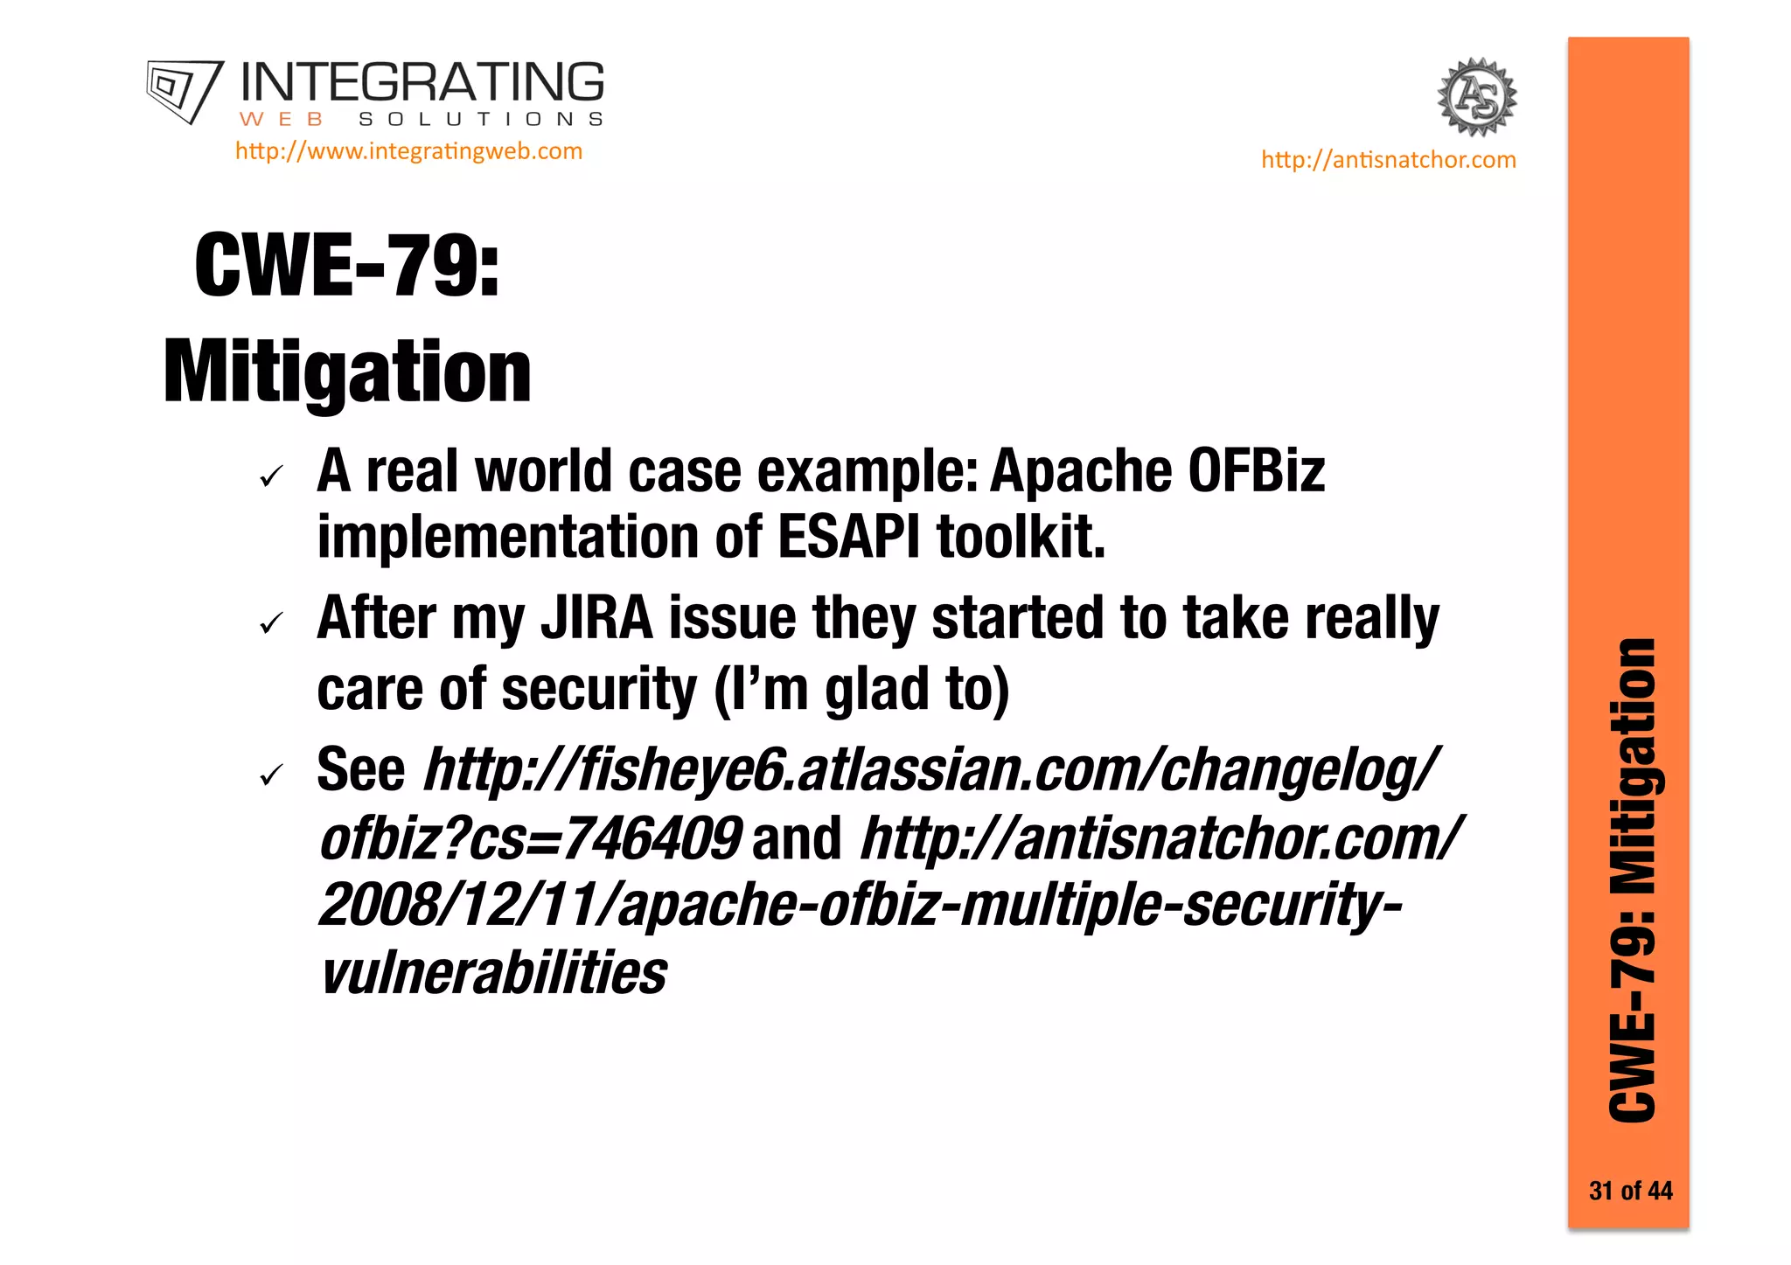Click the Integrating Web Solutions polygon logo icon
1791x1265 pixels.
click(184, 90)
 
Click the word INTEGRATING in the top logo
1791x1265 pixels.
click(422, 83)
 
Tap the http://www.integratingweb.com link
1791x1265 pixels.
click(408, 151)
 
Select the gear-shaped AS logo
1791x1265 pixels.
click(1477, 97)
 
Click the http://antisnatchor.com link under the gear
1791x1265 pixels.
click(1388, 160)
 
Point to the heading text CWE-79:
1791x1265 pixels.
click(347, 266)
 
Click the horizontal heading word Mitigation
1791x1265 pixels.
click(347, 372)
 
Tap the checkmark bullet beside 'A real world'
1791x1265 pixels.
click(272, 476)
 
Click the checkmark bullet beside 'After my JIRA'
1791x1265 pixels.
click(272, 623)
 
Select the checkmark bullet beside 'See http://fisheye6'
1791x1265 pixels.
click(272, 775)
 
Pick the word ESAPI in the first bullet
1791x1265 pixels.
click(848, 537)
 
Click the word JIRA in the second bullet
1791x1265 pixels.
click(596, 619)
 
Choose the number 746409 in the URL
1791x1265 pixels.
click(652, 838)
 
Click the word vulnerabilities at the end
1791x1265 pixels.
click(493, 973)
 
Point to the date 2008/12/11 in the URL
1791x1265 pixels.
click(463, 905)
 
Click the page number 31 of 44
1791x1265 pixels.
click(1630, 1191)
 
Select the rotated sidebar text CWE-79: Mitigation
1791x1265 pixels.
click(1632, 880)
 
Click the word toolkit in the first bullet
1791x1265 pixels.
click(1021, 537)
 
